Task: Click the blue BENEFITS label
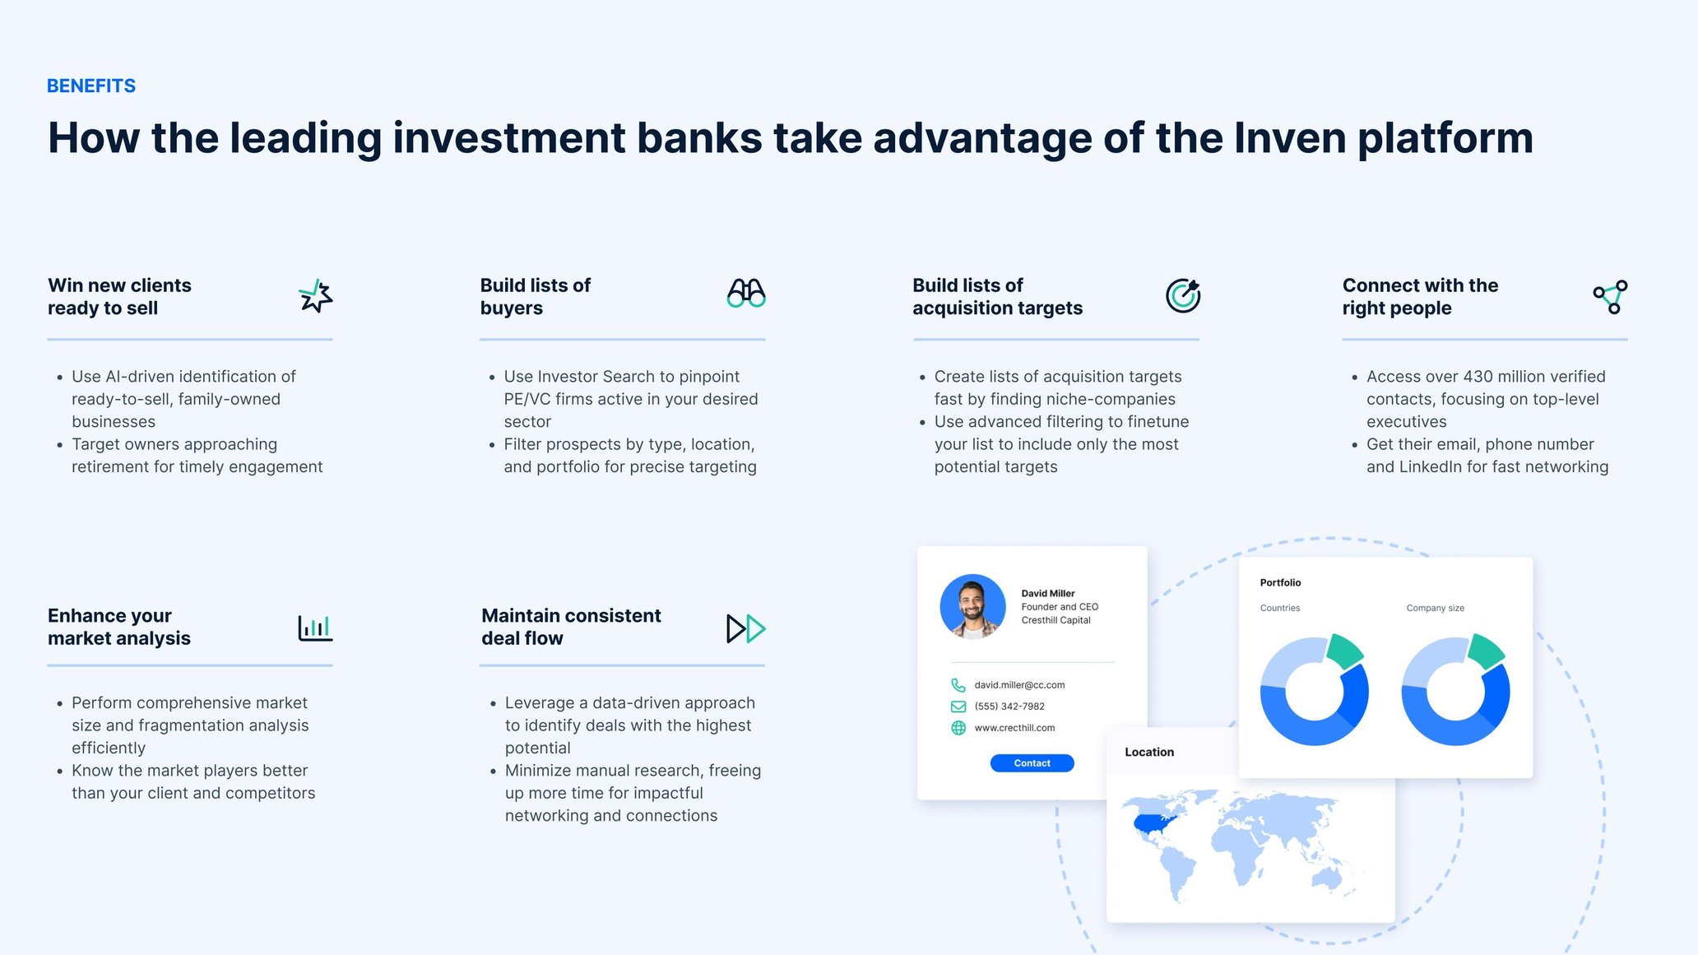(91, 86)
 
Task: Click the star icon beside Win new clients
(315, 296)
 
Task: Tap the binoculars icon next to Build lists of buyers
(746, 294)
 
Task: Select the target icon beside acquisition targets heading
(1183, 295)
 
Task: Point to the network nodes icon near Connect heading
(1610, 296)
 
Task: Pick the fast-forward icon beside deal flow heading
(745, 628)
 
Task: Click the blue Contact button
(1032, 763)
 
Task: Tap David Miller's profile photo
(972, 606)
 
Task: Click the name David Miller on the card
(1047, 593)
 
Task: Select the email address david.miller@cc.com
(1019, 685)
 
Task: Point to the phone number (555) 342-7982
(1009, 707)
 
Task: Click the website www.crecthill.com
(1014, 728)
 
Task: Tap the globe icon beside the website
(958, 728)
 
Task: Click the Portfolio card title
(1280, 582)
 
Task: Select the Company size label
(1435, 608)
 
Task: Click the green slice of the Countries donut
(1344, 651)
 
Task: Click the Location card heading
(1149, 752)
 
